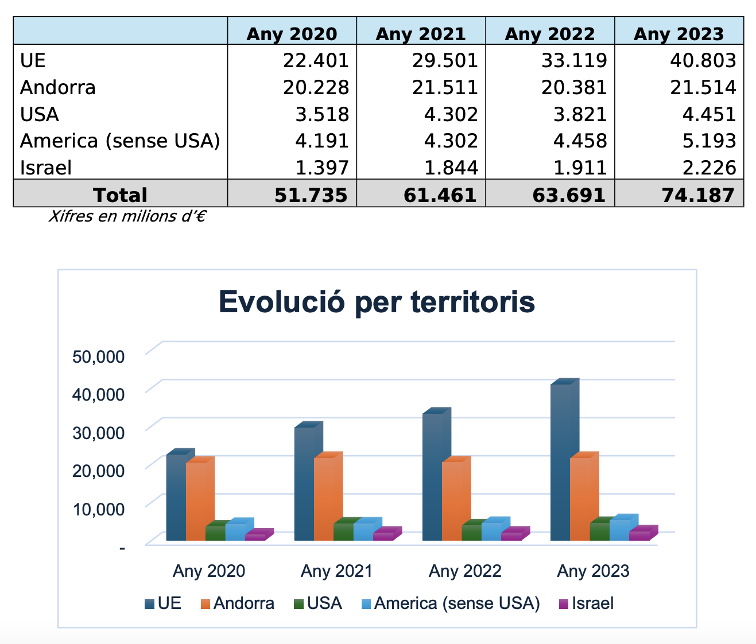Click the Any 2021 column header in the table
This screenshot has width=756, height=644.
(x=420, y=33)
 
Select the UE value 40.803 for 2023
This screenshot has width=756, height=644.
(x=703, y=60)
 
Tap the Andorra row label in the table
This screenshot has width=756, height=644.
(x=58, y=87)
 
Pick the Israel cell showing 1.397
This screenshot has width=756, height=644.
(x=321, y=168)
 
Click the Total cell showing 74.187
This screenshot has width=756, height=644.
(x=698, y=195)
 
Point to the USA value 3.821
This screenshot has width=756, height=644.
(x=580, y=114)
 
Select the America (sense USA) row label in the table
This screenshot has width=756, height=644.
(x=120, y=141)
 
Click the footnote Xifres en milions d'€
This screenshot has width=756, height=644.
(x=127, y=216)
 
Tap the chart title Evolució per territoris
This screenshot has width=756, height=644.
(x=377, y=302)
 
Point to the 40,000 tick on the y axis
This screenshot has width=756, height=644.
(x=98, y=394)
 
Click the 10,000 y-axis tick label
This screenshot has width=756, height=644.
(x=98, y=509)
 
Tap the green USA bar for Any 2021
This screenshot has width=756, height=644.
(x=343, y=531)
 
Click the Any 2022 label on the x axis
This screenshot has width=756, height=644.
(x=465, y=571)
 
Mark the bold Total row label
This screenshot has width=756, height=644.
(x=121, y=195)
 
